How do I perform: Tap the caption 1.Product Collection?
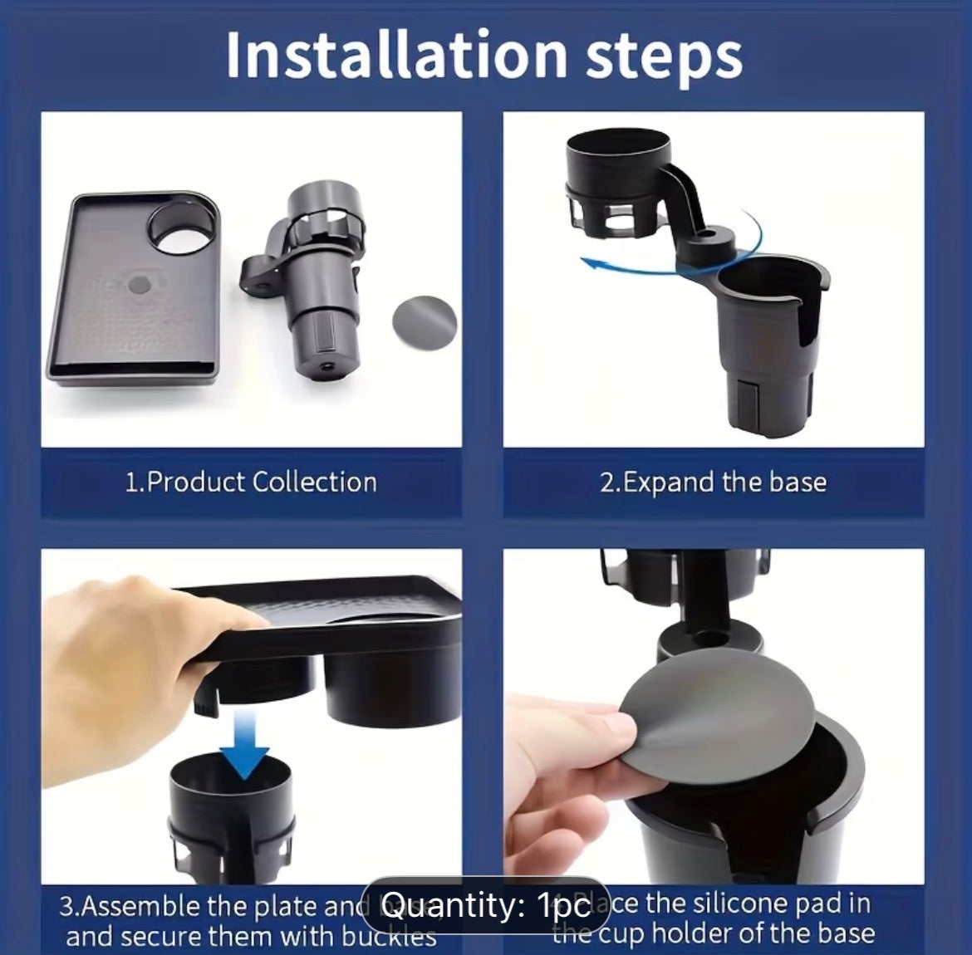click(x=251, y=482)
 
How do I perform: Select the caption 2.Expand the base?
click(x=713, y=482)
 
